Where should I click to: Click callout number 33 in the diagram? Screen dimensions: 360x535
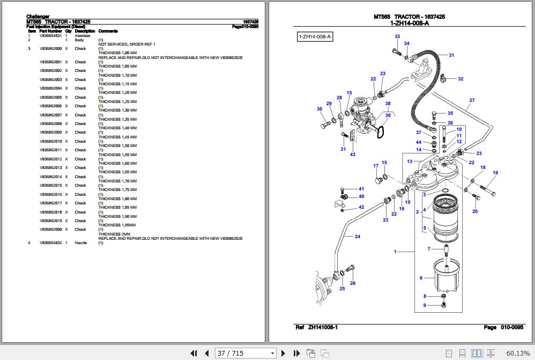(x=397, y=36)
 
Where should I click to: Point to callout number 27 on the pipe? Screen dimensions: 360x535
(x=472, y=100)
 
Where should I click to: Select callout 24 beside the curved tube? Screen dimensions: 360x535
(x=357, y=237)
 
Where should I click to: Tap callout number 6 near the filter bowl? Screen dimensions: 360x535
(x=421, y=277)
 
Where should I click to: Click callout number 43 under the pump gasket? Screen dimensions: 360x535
(x=352, y=155)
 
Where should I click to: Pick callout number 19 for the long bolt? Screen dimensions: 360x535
(x=495, y=173)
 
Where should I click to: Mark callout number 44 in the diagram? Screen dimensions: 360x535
(x=419, y=142)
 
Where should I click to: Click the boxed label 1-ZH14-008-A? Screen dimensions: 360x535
(x=315, y=36)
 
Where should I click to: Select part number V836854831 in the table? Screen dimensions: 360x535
(x=50, y=35)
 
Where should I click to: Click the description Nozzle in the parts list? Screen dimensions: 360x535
(x=80, y=243)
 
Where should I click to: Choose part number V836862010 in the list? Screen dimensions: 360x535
(x=50, y=141)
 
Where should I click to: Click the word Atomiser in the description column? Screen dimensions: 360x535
(x=83, y=35)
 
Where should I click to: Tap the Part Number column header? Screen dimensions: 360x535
(x=50, y=31)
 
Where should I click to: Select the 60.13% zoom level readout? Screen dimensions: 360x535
(x=517, y=353)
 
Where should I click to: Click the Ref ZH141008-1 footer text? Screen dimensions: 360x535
(x=316, y=327)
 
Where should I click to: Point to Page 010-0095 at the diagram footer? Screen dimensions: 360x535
(x=503, y=327)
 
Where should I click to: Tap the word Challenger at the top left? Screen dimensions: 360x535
(x=38, y=17)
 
